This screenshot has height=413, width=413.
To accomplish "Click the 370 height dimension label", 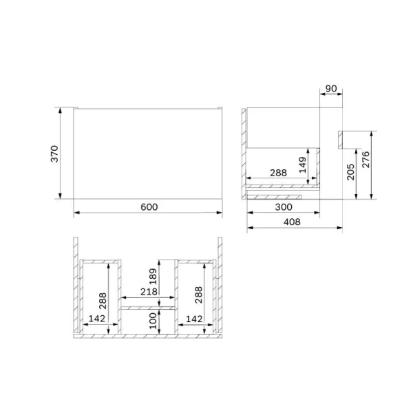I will [x=55, y=154].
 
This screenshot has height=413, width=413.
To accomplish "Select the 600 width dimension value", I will [x=149, y=206].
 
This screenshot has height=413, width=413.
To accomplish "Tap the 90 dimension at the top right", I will [x=331, y=89].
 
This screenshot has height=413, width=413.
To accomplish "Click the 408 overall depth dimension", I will [x=294, y=222].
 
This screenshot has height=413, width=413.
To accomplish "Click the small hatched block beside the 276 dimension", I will [x=340, y=138].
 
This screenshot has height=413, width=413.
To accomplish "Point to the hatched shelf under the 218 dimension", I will [x=148, y=308].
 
